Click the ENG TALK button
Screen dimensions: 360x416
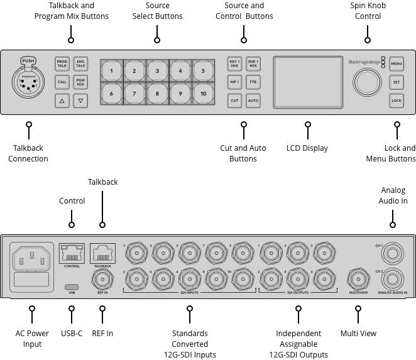pos(80,63)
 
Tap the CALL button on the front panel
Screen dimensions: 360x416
pos(62,82)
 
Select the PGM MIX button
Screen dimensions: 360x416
pos(80,82)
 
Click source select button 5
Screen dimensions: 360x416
pos(203,71)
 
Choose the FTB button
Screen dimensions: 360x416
pos(253,82)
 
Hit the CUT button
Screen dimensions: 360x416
pos(234,100)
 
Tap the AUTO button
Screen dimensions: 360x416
pos(253,100)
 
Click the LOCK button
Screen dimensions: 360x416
pos(396,100)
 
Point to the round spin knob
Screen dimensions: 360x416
pos(366,82)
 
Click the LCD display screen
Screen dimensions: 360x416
pos(307,82)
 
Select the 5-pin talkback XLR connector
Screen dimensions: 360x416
pos(28,84)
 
